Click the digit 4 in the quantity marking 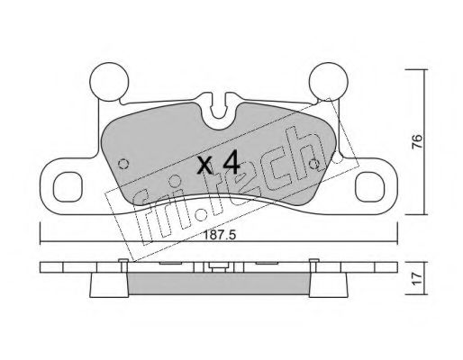(230, 164)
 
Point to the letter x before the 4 (204, 166)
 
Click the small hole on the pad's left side (125, 164)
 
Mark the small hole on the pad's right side (313, 164)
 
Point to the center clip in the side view (216, 267)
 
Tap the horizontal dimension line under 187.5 (220, 241)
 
